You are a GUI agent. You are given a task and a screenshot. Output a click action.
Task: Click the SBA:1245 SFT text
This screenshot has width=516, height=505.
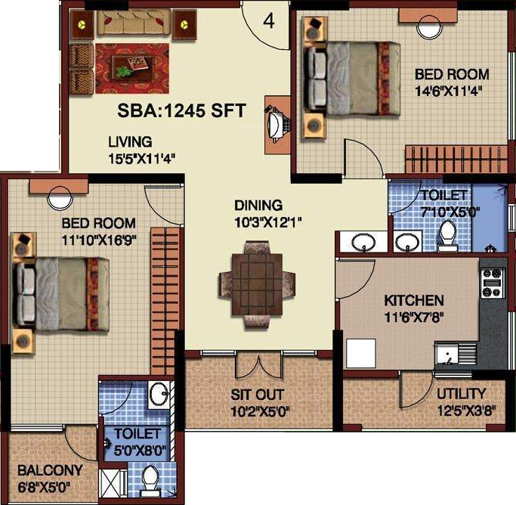click(x=181, y=110)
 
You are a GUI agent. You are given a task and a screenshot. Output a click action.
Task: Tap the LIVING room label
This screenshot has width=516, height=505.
click(x=129, y=141)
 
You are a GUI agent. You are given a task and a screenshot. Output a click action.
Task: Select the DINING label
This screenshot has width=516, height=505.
click(x=258, y=205)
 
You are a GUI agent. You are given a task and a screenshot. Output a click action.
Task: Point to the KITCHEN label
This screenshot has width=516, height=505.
click(x=413, y=300)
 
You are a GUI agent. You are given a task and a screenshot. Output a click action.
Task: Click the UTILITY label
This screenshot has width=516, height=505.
click(x=461, y=393)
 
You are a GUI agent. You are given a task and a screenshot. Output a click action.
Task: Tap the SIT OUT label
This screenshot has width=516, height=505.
click(x=258, y=395)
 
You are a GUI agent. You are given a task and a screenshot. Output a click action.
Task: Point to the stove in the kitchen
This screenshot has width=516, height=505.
click(x=493, y=280)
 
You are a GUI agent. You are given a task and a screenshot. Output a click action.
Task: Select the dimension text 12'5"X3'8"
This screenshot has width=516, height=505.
click(x=461, y=412)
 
